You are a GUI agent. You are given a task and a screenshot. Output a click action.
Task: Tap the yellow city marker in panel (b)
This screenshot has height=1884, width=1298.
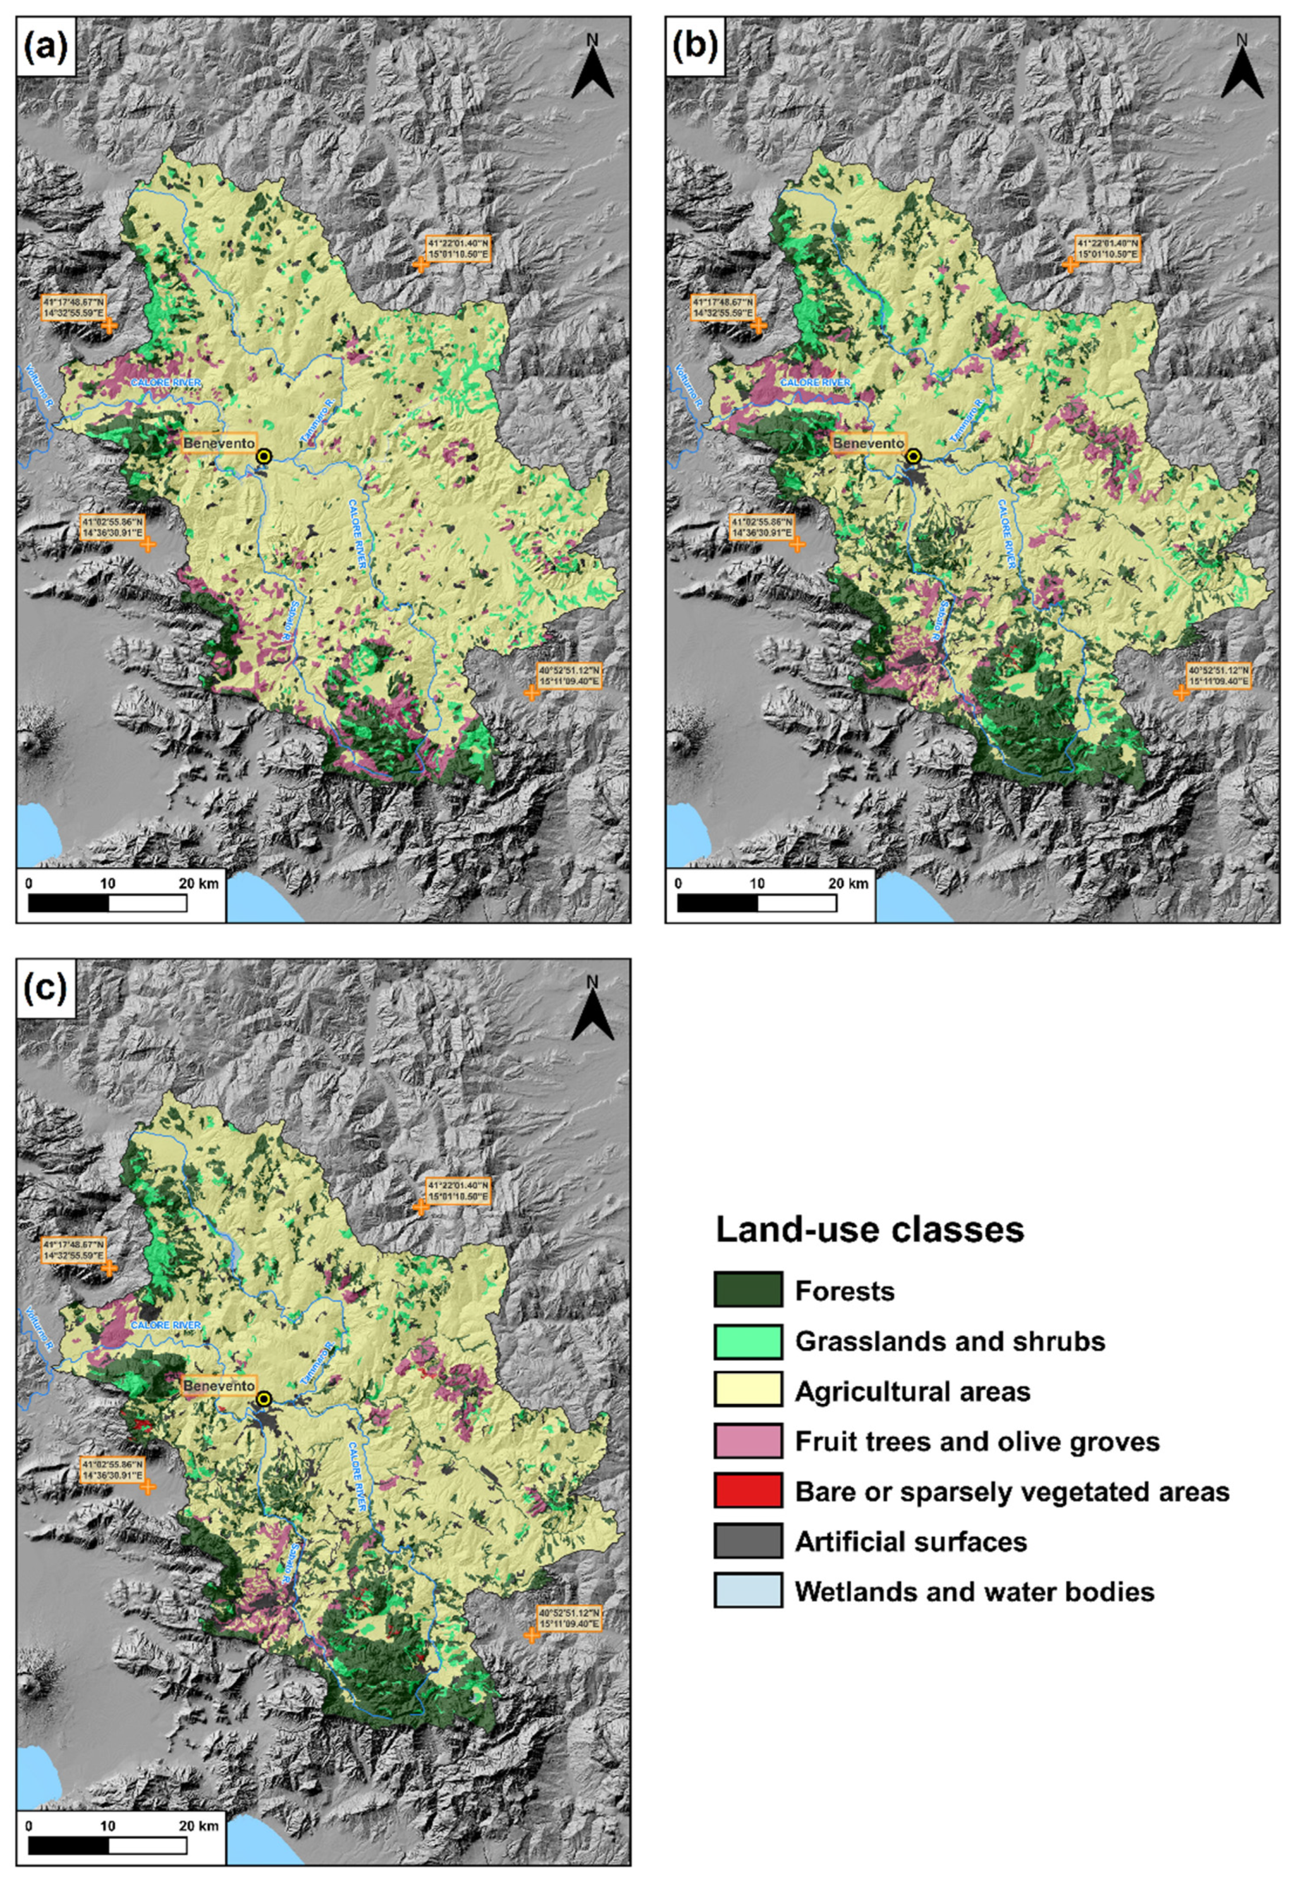914,457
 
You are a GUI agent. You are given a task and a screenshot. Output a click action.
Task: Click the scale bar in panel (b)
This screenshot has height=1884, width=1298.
756,903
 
